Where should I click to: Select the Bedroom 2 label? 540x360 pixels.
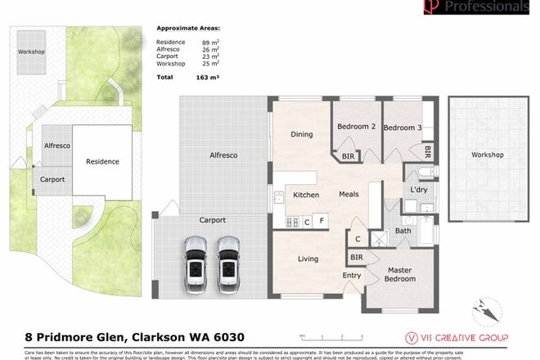pyautogui.click(x=356, y=127)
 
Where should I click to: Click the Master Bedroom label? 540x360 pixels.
pyautogui.click(x=400, y=273)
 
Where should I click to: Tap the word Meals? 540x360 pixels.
pyautogui.click(x=350, y=195)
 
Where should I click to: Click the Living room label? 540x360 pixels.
pyautogui.click(x=308, y=259)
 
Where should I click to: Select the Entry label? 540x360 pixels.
pyautogui.click(x=352, y=276)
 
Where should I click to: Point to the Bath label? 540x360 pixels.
pyautogui.click(x=403, y=231)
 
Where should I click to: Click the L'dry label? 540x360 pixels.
pyautogui.click(x=419, y=191)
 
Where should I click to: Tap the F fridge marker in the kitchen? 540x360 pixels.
pyautogui.click(x=322, y=221)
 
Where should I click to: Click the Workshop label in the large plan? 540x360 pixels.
pyautogui.click(x=487, y=155)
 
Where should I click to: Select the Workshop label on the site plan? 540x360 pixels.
pyautogui.click(x=31, y=51)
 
